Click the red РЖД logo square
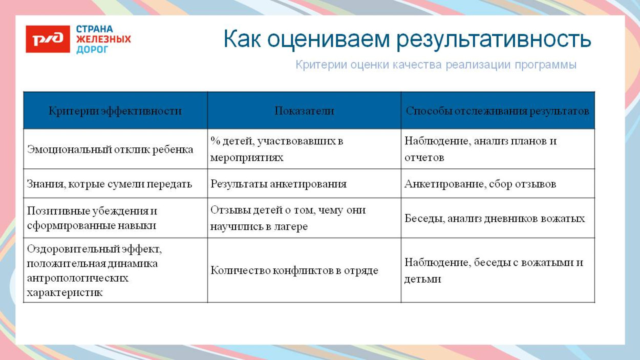(48, 39)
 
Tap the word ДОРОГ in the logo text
(92, 50)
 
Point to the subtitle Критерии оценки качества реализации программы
(436, 65)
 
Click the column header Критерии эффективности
(115, 111)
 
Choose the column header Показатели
(304, 111)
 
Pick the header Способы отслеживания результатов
(497, 111)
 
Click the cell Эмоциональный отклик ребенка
(110, 149)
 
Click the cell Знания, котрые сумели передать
(110, 184)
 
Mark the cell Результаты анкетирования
(279, 184)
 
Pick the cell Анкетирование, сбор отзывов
(480, 184)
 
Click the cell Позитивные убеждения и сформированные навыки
(92, 218)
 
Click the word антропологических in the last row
(77, 278)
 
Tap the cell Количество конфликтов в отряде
(294, 270)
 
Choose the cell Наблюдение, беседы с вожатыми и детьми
(494, 270)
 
